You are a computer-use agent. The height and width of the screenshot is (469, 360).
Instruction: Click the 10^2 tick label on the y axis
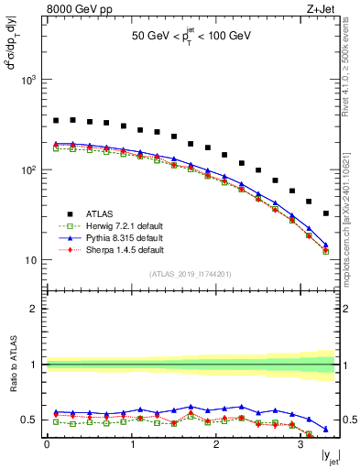click(29, 170)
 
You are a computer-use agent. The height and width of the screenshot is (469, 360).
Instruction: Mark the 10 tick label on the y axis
click(33, 260)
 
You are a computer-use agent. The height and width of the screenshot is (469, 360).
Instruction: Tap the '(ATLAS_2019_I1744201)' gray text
click(191, 274)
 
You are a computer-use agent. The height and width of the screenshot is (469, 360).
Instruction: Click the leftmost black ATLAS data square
click(56, 120)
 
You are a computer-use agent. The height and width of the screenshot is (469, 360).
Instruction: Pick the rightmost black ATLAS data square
click(326, 213)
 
